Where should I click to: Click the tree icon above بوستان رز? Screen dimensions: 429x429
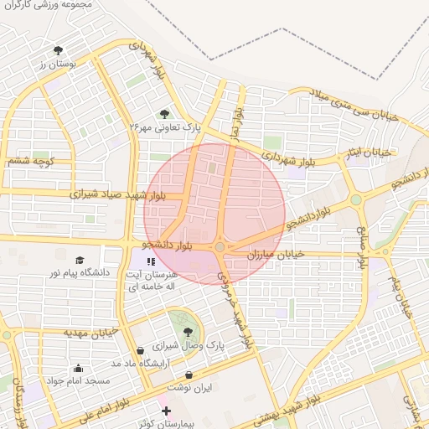point(58,50)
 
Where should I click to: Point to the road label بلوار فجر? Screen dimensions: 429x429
point(237,121)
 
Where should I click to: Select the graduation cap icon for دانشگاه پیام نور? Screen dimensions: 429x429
point(80,261)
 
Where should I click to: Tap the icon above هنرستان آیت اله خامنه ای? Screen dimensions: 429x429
point(162,261)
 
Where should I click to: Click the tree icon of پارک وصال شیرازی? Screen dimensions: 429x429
point(187,332)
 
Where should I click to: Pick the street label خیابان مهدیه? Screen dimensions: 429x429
point(87,333)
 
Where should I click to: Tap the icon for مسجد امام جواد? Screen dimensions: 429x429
point(78,367)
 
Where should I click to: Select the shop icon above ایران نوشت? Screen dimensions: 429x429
point(189,375)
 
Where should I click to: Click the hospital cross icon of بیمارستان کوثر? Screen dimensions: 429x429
point(166,411)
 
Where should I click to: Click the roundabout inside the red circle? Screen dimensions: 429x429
point(220,247)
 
